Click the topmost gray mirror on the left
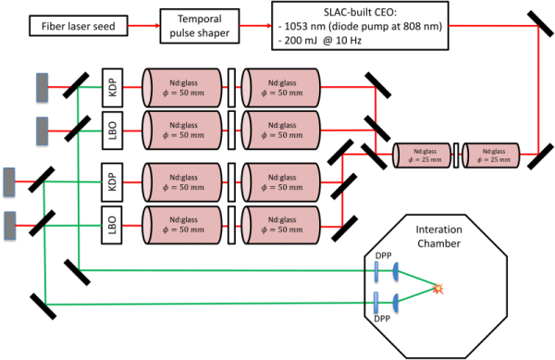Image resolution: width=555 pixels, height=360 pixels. point(43,87)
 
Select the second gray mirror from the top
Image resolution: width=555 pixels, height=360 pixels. point(43,130)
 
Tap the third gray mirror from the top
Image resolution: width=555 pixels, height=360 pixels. point(9,181)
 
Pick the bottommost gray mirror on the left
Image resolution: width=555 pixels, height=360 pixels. point(10,225)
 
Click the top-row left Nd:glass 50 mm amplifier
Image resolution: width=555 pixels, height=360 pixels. point(182,88)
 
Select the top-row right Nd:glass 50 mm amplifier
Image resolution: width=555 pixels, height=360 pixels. point(280,88)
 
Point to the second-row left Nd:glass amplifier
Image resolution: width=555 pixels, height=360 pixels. point(182,130)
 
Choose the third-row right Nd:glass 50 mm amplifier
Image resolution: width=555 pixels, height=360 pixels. point(280,181)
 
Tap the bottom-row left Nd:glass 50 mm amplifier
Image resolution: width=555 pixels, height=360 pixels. point(182,225)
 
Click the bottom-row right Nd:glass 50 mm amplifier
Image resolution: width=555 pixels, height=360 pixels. point(280,225)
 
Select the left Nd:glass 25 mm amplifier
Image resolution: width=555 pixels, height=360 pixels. point(423,155)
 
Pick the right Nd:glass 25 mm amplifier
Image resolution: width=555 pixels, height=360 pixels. point(491,155)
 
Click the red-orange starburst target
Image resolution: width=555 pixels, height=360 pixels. point(438,288)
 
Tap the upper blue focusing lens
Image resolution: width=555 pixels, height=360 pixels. point(395,271)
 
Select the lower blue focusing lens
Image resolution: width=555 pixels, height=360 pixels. point(395,303)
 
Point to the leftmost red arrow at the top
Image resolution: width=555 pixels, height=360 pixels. point(143,26)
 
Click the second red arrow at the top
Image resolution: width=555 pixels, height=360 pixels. point(256,26)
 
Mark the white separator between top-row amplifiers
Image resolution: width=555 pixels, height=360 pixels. point(231,88)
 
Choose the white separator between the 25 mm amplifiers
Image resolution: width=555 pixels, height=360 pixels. point(456,155)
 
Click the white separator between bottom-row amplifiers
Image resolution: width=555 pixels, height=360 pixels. point(231,225)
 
